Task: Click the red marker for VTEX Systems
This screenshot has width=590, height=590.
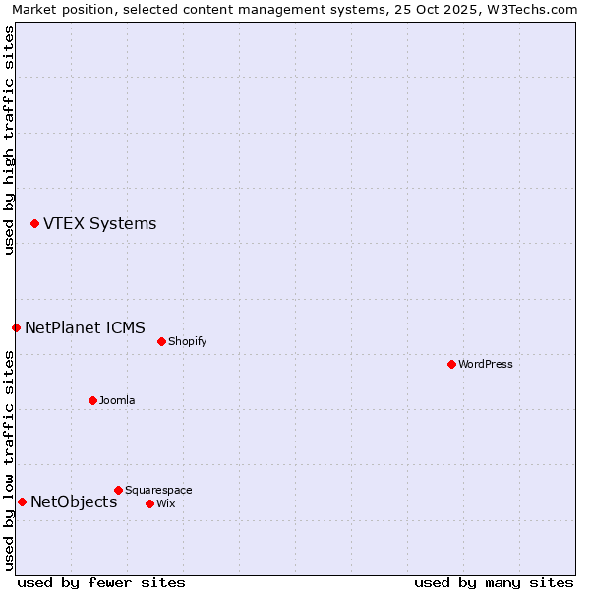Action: tap(34, 224)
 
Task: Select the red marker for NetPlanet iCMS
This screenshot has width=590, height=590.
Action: tap(16, 327)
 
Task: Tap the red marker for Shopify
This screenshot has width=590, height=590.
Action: tap(161, 342)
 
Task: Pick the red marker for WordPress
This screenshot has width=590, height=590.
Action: tap(451, 364)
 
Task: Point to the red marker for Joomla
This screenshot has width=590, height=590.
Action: tap(92, 400)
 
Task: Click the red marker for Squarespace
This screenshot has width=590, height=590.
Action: tap(118, 490)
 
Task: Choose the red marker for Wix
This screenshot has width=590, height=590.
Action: tap(149, 503)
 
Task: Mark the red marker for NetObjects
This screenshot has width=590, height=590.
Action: tap(22, 502)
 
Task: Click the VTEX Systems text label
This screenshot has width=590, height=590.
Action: tap(99, 224)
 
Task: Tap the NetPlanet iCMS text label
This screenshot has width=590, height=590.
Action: tap(85, 327)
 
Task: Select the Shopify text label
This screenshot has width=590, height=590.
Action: tap(187, 342)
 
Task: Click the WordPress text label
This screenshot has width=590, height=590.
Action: tap(485, 364)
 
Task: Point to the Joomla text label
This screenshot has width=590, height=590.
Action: tap(117, 400)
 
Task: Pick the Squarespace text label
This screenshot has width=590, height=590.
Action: tap(158, 490)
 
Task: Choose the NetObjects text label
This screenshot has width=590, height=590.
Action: tap(74, 502)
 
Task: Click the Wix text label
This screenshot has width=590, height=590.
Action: tap(165, 503)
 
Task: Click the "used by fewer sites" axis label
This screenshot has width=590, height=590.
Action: tap(101, 582)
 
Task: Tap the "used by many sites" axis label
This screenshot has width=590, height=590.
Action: tap(494, 582)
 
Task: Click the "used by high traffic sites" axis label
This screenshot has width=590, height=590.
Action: tap(10, 140)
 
